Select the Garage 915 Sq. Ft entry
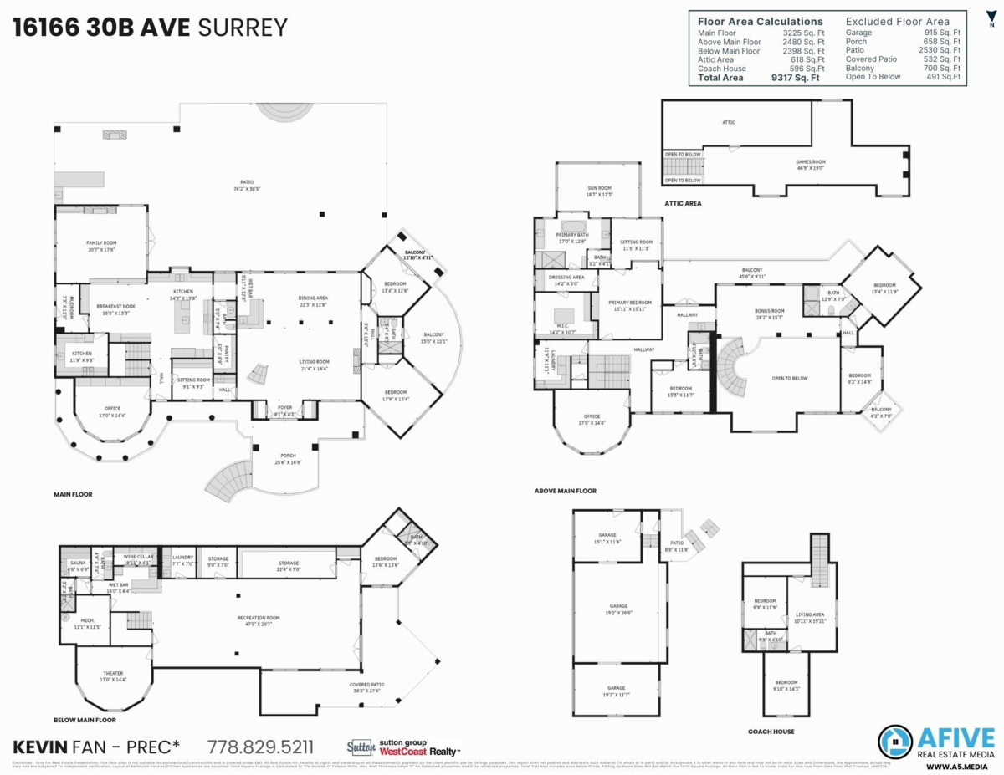pos(903,33)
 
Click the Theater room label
pos(112,675)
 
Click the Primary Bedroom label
pos(630,303)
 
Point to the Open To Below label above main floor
pos(789,378)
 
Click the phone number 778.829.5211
pos(260,746)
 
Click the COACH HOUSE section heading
pos(771,731)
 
